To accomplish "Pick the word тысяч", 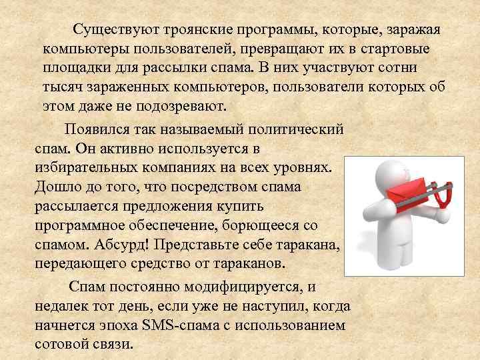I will (61, 87).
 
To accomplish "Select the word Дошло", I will (56, 184).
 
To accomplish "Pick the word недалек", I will (62, 307).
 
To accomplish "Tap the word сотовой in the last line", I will (60, 345).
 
